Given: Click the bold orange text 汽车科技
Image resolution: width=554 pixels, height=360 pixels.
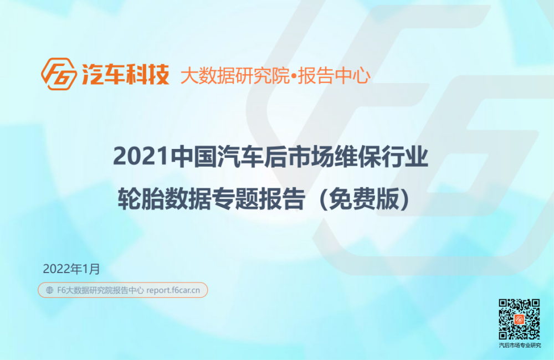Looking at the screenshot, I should point(125,74).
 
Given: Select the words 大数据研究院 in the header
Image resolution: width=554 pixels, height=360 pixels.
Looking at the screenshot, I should point(235,75).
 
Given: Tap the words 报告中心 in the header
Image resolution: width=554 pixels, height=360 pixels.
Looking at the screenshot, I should point(334,75).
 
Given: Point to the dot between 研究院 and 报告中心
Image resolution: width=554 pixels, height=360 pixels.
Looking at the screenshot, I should point(294,76).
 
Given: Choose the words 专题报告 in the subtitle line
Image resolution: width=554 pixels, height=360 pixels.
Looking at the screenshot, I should point(258,198).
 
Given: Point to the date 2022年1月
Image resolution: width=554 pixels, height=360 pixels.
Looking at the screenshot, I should point(71,269).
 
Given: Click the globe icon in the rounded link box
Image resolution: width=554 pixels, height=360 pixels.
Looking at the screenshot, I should point(49,290).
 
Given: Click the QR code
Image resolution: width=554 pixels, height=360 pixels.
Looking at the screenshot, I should point(519,320).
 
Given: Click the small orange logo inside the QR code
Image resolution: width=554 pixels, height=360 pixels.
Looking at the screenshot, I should point(519,320).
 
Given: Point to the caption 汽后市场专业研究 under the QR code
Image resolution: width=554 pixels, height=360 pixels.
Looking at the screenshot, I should point(520,346).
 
